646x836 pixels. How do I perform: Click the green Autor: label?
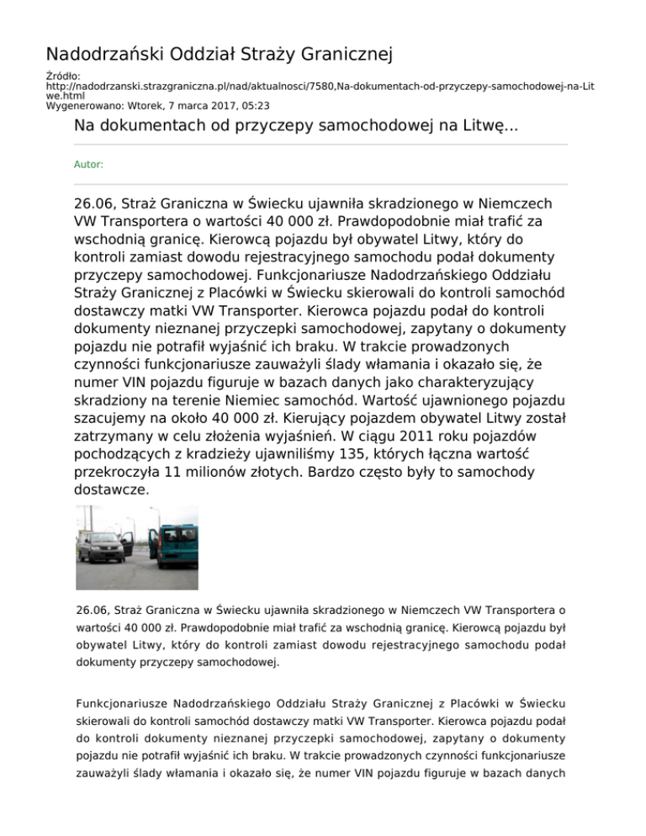88,165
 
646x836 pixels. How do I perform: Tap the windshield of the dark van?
100,542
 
